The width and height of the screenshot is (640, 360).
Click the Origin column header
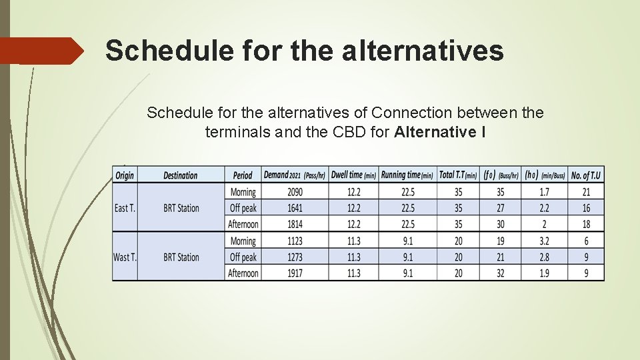125,175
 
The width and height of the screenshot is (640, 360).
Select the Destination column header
180,175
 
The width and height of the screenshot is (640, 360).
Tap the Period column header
243,175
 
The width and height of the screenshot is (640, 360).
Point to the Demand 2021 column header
294,175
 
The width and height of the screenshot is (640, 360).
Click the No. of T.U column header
586,175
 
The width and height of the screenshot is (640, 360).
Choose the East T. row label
125,208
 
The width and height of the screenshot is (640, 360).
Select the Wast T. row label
125,257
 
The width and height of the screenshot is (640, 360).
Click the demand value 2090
295,192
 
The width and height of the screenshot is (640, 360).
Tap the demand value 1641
295,208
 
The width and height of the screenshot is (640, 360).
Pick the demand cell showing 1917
295,273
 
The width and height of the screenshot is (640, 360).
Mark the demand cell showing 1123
295,241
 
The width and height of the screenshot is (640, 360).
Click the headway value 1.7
544,192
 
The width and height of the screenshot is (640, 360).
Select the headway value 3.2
544,241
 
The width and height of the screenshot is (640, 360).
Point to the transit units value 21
586,192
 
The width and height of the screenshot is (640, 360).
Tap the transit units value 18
586,225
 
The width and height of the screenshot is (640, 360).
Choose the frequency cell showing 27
500,208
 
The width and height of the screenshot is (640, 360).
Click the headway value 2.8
544,257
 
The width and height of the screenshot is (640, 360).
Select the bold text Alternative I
439,132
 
